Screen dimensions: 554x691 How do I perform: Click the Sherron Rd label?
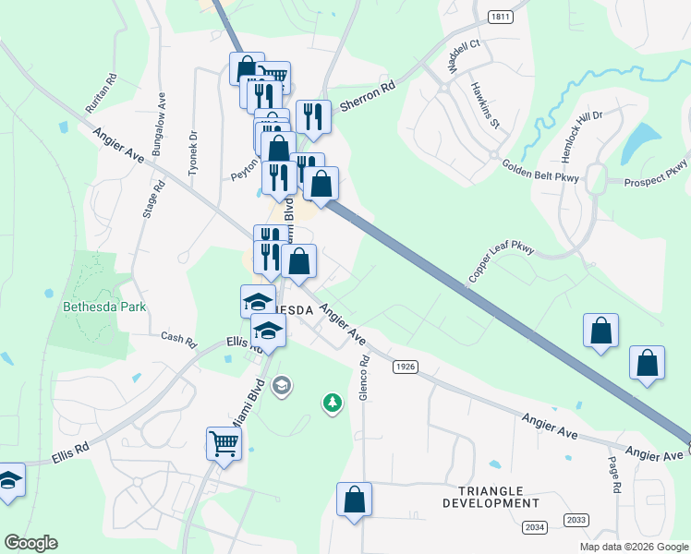[x=368, y=95]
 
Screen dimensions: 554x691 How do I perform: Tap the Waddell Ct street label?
[x=464, y=56]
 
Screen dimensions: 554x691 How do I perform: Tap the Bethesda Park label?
[x=104, y=306]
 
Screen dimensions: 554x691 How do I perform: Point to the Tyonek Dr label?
[x=193, y=145]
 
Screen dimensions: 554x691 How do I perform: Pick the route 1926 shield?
[x=405, y=367]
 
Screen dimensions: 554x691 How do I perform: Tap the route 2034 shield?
[x=533, y=526]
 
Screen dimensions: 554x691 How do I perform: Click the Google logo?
[x=30, y=543]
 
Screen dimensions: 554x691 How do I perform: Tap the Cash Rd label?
[x=179, y=340]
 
